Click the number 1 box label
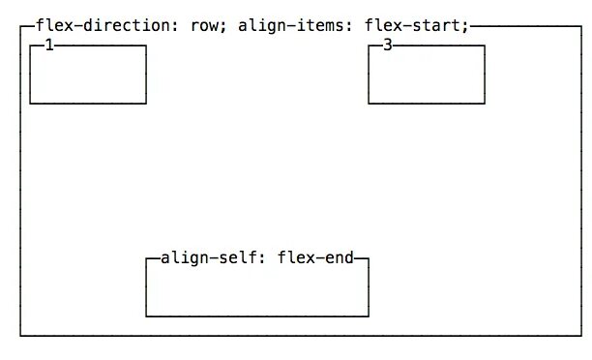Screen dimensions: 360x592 [49, 45]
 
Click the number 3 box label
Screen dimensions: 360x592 [388, 45]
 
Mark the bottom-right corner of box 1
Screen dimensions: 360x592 [146, 103]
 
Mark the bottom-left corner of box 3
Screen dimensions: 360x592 [369, 103]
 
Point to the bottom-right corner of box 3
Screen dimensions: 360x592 [485, 103]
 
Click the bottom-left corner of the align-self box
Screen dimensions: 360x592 [146, 315]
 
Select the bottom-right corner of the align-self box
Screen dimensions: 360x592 [369, 315]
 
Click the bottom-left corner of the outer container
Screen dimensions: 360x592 [20, 336]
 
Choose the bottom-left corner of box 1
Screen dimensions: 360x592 [30, 103]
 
